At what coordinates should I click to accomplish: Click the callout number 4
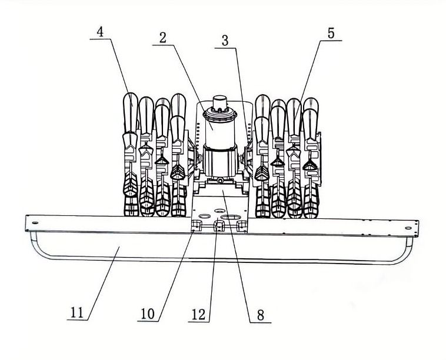pyautogui.click(x=100, y=32)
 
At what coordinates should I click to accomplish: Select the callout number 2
pyautogui.click(x=163, y=38)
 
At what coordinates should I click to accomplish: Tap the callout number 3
pyautogui.click(x=225, y=41)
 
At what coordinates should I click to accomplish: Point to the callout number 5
pyautogui.click(x=331, y=34)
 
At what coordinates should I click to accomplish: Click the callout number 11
pyautogui.click(x=77, y=313)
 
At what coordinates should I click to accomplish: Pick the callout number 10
pyautogui.click(x=148, y=314)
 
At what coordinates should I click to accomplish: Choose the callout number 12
pyautogui.click(x=198, y=315)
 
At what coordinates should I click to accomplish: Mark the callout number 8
pyautogui.click(x=261, y=315)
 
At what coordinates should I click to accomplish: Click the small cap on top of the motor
pyautogui.click(x=220, y=102)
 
